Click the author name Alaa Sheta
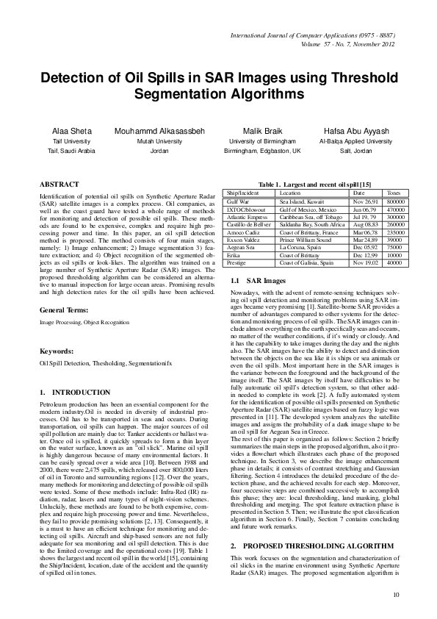(71, 131)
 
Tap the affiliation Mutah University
(159, 140)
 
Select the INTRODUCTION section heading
(73, 392)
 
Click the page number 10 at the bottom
(396, 594)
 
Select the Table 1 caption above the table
(311, 183)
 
